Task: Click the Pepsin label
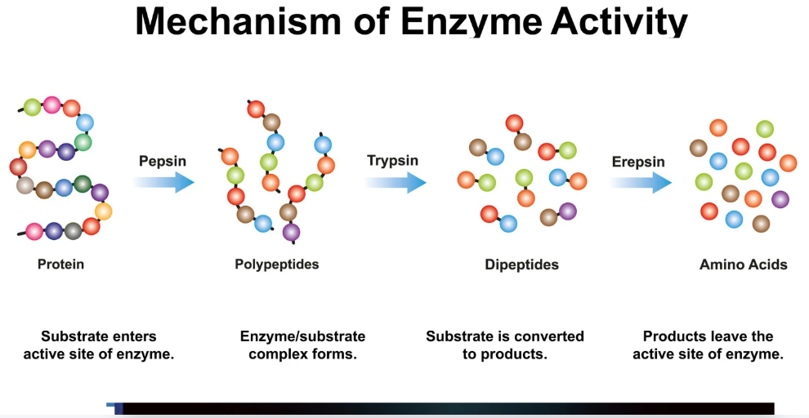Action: (163, 161)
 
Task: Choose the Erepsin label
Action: (638, 162)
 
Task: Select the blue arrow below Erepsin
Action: (640, 182)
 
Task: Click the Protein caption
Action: (60, 265)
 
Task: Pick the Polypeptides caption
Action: (277, 265)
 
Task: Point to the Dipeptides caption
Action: (521, 265)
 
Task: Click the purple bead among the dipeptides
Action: (568, 211)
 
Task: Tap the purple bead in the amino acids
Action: (780, 198)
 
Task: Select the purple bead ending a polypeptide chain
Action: (291, 233)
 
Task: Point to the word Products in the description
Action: (669, 336)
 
